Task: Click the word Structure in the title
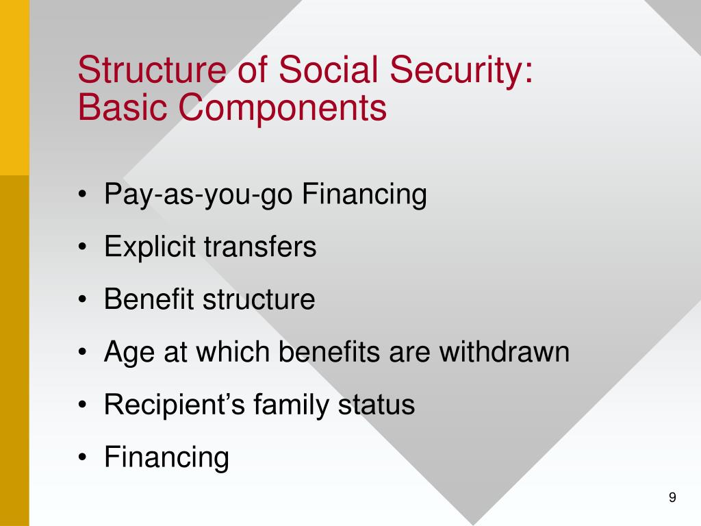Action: [x=151, y=71]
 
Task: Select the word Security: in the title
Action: [x=457, y=72]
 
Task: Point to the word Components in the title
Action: [x=281, y=110]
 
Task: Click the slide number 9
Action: [x=672, y=498]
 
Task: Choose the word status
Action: [x=377, y=405]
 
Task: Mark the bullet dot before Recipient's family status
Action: [x=83, y=405]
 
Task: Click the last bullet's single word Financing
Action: [x=166, y=458]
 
